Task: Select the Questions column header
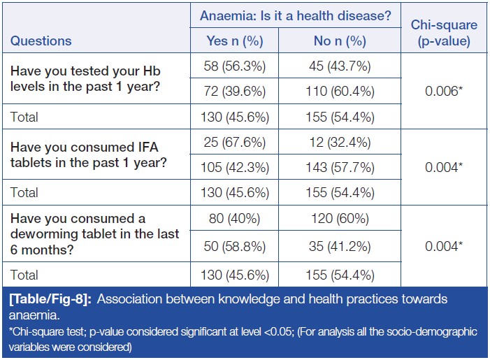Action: pos(41,41)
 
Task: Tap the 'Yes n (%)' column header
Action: pos(234,41)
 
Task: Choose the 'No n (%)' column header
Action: pos(342,41)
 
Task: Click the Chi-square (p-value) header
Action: pos(444,33)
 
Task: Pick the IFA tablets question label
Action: pos(86,154)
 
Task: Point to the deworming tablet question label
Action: pos(94,233)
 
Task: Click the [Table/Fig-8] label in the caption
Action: pos(52,298)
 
